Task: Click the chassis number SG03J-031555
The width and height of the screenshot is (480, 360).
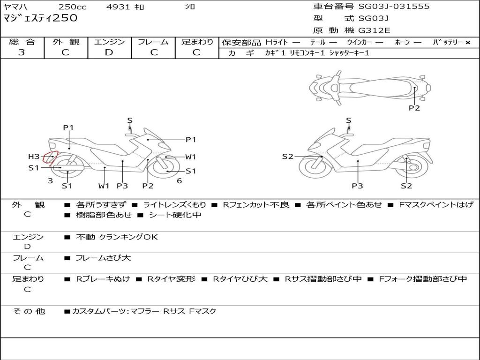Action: click(x=394, y=7)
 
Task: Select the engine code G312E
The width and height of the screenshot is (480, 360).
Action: click(x=374, y=30)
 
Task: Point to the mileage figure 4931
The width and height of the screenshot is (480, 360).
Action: click(x=119, y=7)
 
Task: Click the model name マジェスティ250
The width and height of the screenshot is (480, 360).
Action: click(x=40, y=18)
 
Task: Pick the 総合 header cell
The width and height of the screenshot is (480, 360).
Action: click(x=22, y=42)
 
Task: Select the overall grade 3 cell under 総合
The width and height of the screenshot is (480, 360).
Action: click(x=22, y=52)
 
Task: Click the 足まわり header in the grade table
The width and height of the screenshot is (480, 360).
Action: click(x=197, y=42)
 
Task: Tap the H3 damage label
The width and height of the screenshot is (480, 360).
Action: click(x=34, y=157)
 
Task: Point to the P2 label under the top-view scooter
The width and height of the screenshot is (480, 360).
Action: click(x=414, y=108)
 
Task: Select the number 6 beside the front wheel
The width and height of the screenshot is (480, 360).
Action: click(x=179, y=181)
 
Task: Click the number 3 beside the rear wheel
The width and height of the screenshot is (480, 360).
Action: click(x=50, y=181)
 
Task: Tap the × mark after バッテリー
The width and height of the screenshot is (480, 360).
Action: click(x=467, y=43)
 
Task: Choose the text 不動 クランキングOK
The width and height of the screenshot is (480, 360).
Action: click(x=117, y=237)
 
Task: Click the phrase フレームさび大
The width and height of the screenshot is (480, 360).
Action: click(x=103, y=258)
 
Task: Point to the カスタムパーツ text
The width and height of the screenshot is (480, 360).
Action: click(x=98, y=311)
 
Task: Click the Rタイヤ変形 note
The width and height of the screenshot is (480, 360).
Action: click(x=171, y=279)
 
